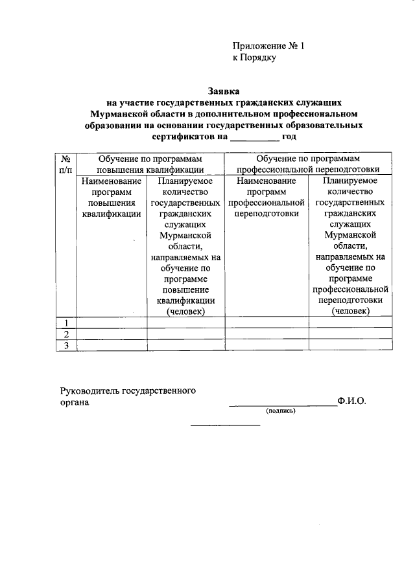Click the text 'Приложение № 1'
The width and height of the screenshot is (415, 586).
coord(268,46)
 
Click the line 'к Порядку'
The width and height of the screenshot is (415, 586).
coord(254,58)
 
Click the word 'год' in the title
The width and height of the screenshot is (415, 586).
coord(289,137)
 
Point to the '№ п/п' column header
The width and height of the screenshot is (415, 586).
coord(65,163)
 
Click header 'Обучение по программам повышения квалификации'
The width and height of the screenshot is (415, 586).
coord(150,163)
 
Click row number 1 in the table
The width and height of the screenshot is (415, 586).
coord(65,322)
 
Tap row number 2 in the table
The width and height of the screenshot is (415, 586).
coord(65,333)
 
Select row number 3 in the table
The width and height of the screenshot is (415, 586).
coord(65,345)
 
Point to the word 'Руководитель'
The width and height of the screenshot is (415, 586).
coord(90,390)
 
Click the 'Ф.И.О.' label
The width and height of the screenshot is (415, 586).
coord(351,401)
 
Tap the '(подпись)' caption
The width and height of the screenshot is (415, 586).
coord(280,411)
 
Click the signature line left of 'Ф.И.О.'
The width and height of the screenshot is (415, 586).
coord(282,405)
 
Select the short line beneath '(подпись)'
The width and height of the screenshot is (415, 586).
coord(224,425)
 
